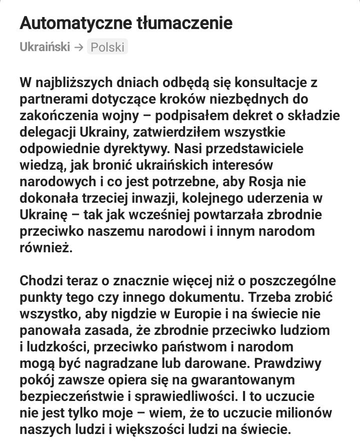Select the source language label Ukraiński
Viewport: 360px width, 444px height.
(44, 48)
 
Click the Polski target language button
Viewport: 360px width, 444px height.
(107, 48)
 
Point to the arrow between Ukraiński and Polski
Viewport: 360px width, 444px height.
(78, 48)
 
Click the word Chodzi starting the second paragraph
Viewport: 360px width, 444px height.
(43, 280)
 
